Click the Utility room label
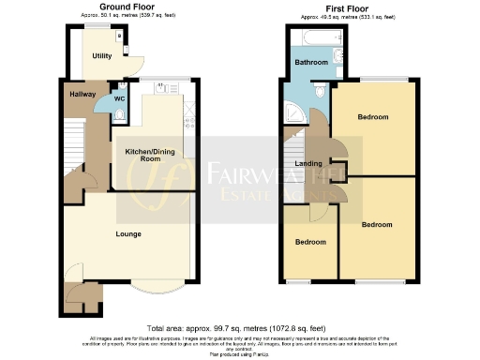[101, 56]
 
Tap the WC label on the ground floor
[119, 98]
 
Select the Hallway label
[82, 93]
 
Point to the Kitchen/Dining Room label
[143, 153]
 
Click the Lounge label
[128, 233]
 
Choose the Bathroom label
[311, 63]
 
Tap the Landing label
[310, 163]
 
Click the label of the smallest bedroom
[310, 242]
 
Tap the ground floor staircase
[72, 150]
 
